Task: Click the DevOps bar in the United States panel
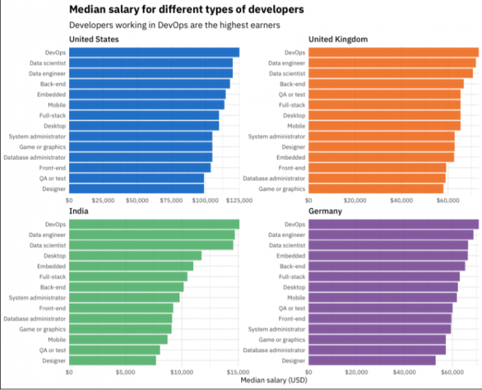click(154, 52)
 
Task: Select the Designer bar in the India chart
click(112, 360)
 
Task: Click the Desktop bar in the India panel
click(135, 256)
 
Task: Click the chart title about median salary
click(186, 10)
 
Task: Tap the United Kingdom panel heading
click(338, 39)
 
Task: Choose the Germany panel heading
click(325, 211)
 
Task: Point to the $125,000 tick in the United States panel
click(239, 201)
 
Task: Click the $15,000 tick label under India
click(239, 372)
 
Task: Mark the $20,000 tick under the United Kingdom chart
click(354, 201)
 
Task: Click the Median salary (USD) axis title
click(274, 380)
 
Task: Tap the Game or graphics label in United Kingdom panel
click(282, 189)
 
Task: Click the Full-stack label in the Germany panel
click(292, 276)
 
